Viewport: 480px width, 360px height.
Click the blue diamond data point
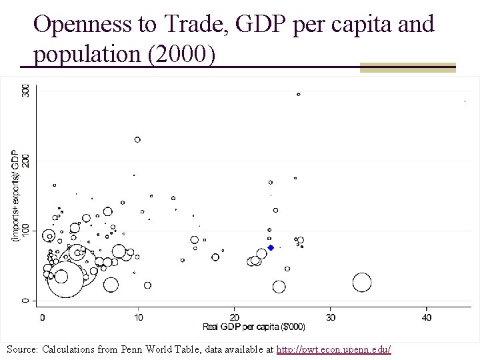point(271,247)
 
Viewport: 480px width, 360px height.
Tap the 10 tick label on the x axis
point(139,317)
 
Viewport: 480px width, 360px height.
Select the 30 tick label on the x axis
point(330,317)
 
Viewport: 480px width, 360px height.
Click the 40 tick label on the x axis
point(427,317)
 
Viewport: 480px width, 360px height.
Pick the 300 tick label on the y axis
point(26,91)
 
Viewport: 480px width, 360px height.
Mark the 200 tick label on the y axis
point(26,161)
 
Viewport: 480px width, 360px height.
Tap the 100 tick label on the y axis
point(26,231)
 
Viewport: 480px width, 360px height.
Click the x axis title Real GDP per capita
point(254,327)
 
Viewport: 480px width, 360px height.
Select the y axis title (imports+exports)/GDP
point(15,195)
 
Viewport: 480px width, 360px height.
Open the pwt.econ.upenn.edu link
point(334,349)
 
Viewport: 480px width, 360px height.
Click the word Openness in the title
point(83,24)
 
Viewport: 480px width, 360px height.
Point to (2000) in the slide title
point(182,54)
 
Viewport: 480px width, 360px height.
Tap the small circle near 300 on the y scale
point(299,94)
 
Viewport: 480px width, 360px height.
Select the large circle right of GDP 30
point(362,282)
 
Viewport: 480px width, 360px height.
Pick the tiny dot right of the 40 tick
point(465,101)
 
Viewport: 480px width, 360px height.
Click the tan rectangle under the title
point(408,67)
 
